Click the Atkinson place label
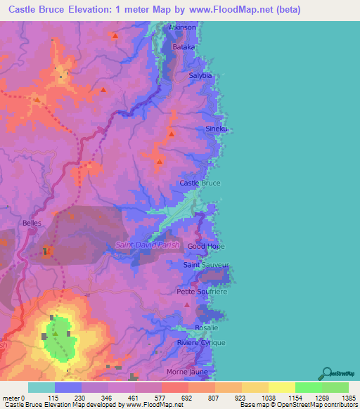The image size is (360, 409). pyautogui.click(x=181, y=27)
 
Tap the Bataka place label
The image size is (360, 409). pyautogui.click(x=184, y=47)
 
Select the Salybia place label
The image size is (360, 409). pyautogui.click(x=201, y=75)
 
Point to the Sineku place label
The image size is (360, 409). pyautogui.click(x=216, y=129)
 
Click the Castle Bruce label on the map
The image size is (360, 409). pyautogui.click(x=200, y=183)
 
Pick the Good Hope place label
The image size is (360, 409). pyautogui.click(x=205, y=247)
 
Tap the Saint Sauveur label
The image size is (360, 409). pyautogui.click(x=206, y=265)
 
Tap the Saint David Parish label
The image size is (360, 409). pyautogui.click(x=148, y=245)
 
